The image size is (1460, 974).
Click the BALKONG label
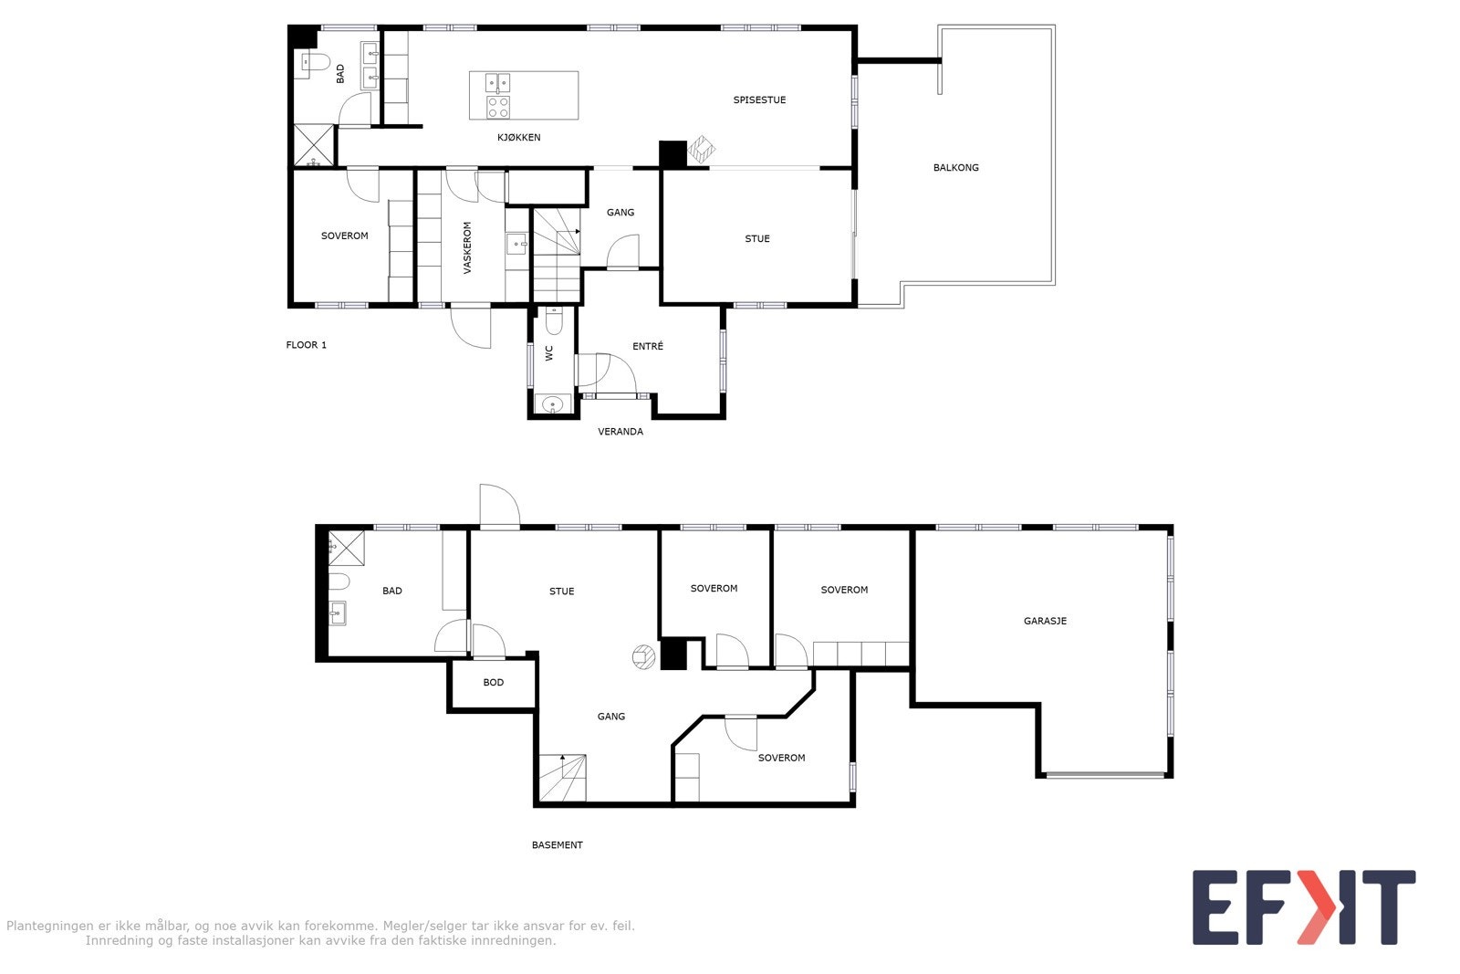(x=955, y=168)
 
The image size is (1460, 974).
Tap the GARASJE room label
(x=1045, y=621)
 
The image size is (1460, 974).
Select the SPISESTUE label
(x=759, y=100)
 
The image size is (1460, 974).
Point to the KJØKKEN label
(x=518, y=138)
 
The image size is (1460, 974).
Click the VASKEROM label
(x=467, y=248)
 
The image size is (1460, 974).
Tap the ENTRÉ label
(x=648, y=347)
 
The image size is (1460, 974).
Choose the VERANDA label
(x=620, y=432)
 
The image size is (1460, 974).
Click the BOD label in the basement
(x=493, y=683)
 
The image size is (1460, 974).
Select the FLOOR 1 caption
(x=307, y=345)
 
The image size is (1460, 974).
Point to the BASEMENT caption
(x=557, y=845)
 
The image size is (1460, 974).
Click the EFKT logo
(x=1303, y=907)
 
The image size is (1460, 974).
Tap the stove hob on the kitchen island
(x=498, y=108)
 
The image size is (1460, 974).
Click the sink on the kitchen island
(x=498, y=84)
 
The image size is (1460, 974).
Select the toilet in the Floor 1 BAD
(x=314, y=62)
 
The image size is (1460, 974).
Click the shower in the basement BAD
(x=347, y=548)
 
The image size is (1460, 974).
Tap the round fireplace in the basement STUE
(x=643, y=657)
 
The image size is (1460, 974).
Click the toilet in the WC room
(x=554, y=320)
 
